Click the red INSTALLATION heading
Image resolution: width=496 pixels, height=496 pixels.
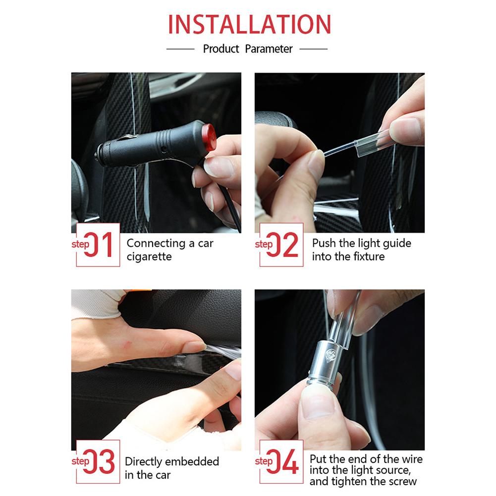click(x=249, y=24)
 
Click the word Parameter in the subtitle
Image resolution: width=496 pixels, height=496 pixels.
click(x=269, y=49)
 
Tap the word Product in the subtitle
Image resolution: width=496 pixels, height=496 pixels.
click(x=221, y=49)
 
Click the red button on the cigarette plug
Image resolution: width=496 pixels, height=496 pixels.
click(x=209, y=138)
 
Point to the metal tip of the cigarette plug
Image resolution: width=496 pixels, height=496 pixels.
click(x=97, y=156)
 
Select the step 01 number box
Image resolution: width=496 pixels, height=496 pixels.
click(x=98, y=244)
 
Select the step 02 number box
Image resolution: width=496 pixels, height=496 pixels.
click(x=281, y=244)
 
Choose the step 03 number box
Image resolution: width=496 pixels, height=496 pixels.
click(x=98, y=461)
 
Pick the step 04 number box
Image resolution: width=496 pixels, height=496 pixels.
click(x=281, y=461)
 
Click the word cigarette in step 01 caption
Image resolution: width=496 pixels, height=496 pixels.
click(x=149, y=257)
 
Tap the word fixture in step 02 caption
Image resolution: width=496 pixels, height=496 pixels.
click(x=369, y=256)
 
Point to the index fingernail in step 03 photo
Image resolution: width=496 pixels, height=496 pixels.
click(x=194, y=347)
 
